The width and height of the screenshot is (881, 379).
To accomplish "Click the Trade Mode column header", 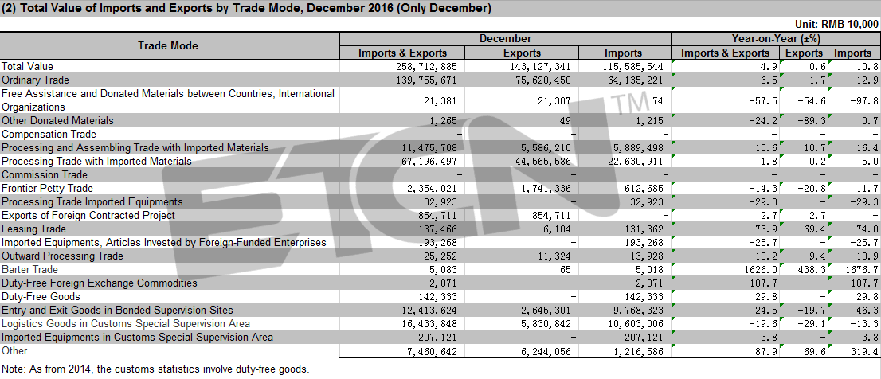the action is pyautogui.click(x=168, y=46).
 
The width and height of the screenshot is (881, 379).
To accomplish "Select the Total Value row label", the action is pyautogui.click(x=28, y=66).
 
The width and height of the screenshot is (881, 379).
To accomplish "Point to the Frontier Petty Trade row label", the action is pyautogui.click(x=47, y=188).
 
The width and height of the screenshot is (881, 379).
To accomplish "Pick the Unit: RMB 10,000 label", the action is pyautogui.click(x=836, y=24).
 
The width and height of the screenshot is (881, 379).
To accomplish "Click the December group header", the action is pyautogui.click(x=505, y=39).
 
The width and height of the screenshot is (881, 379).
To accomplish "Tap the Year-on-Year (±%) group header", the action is pyautogui.click(x=776, y=39).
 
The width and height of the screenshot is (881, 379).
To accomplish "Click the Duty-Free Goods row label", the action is pyautogui.click(x=41, y=296).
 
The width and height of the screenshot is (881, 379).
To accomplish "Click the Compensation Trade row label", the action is pyautogui.click(x=49, y=135).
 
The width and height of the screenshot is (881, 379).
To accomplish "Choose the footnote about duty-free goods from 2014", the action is pyautogui.click(x=155, y=369).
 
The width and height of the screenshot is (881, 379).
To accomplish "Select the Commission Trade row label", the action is pyautogui.click(x=45, y=174).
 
